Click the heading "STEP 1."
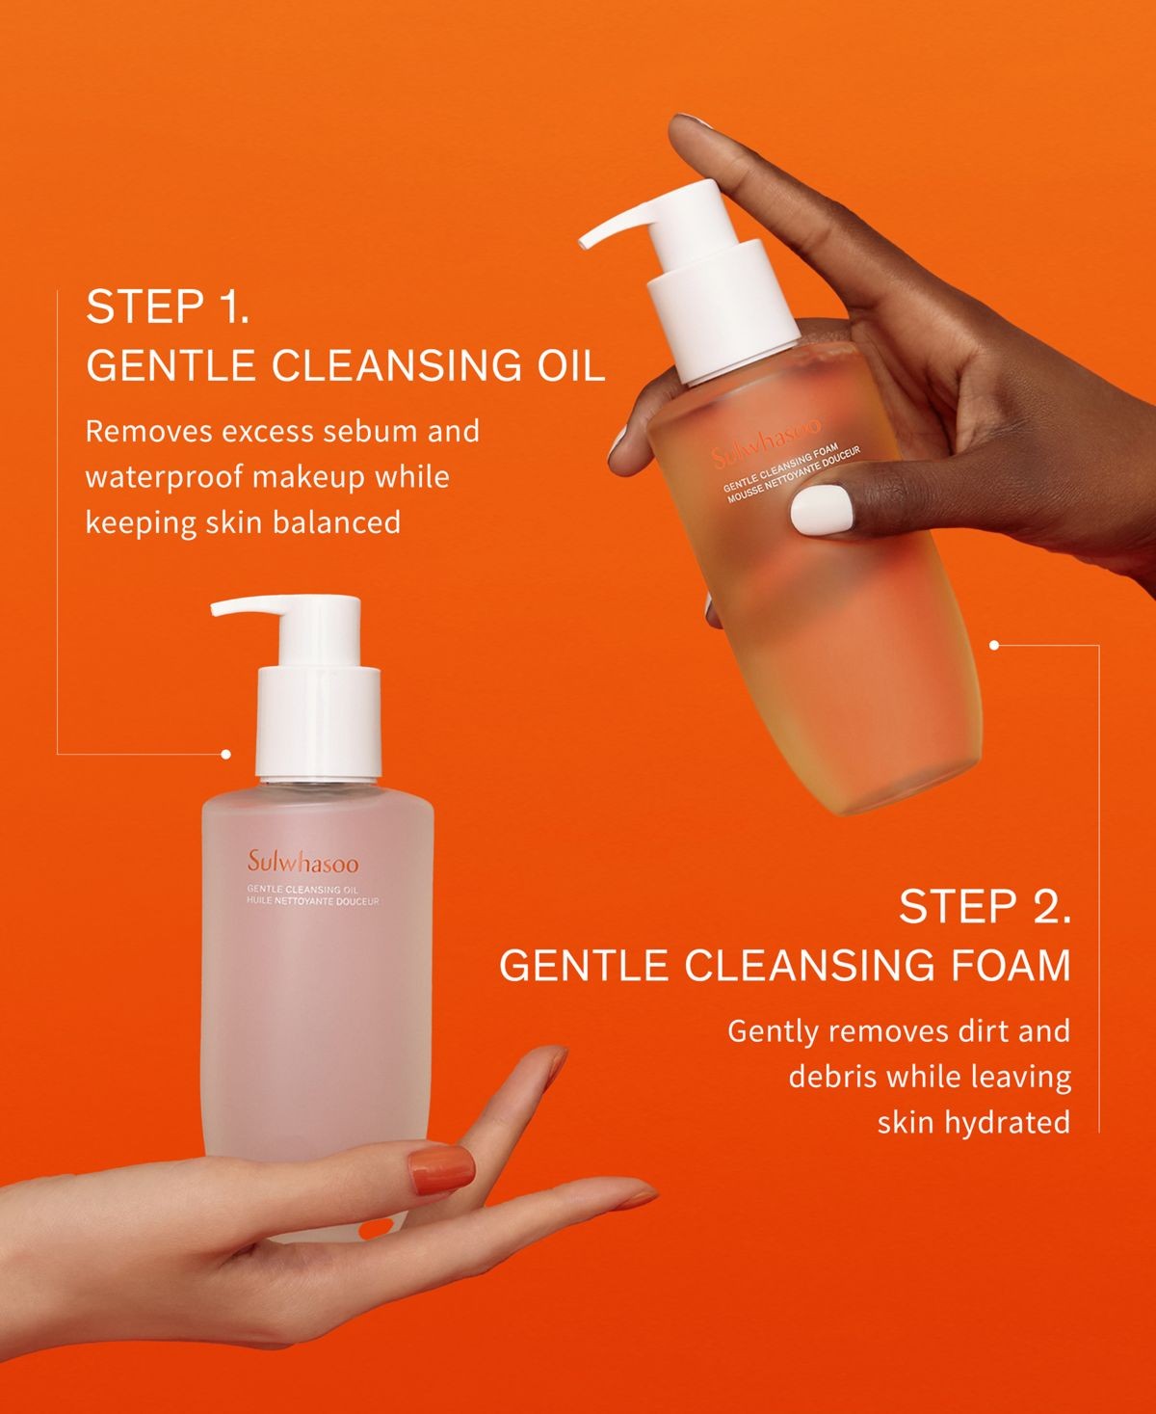point(168,307)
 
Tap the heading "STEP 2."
point(985,906)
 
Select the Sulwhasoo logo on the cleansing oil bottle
point(302,863)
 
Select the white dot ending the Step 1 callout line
point(225,755)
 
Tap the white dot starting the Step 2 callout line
point(994,645)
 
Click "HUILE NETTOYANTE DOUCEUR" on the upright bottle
point(313,901)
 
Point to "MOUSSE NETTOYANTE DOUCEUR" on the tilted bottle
point(795,473)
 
